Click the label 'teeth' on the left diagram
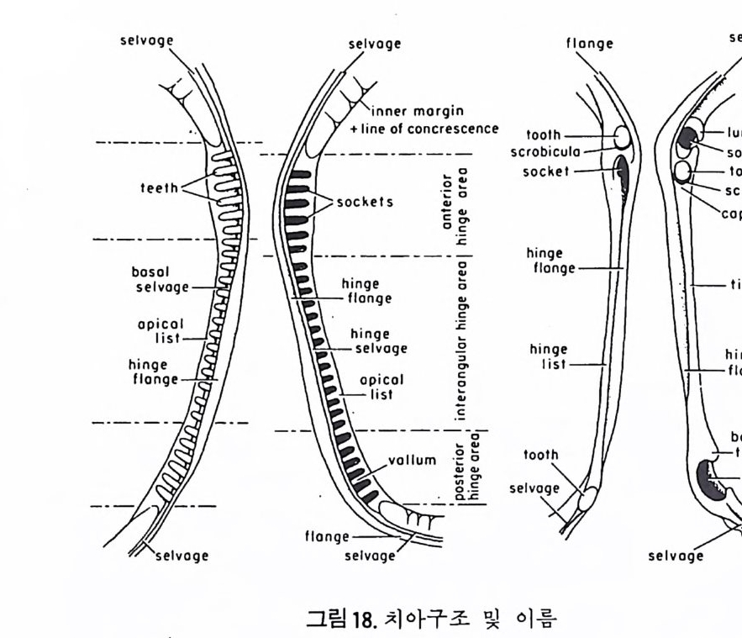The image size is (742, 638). [x=159, y=188]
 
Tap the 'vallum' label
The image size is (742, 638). [x=413, y=460]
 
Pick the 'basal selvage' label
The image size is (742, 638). [x=160, y=281]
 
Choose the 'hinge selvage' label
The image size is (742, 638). [x=378, y=341]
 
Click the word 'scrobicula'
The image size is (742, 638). [x=545, y=152]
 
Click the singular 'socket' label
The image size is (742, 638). [x=546, y=171]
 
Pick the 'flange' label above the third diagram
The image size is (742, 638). [x=589, y=44]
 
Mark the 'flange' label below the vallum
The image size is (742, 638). [x=327, y=536]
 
